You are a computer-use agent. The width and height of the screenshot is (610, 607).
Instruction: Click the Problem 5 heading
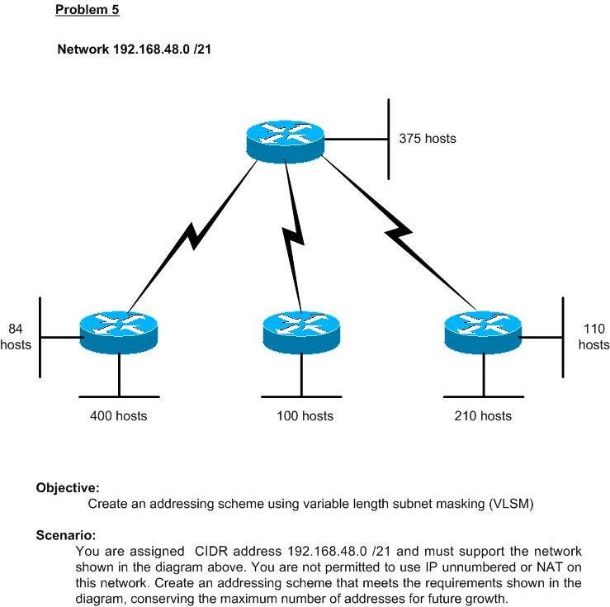pos(87,11)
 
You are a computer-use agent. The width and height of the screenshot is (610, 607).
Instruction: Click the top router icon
pos(285,140)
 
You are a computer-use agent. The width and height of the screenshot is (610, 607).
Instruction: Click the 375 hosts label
pos(428,139)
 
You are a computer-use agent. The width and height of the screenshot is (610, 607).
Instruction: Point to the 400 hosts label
pos(119,416)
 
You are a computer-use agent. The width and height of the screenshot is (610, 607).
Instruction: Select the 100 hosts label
pos(305,416)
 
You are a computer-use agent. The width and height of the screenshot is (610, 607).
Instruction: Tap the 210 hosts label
pos(483,416)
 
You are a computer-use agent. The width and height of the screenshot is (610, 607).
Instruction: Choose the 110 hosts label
pos(593,337)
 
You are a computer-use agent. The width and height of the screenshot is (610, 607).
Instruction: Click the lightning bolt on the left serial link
pos(192,236)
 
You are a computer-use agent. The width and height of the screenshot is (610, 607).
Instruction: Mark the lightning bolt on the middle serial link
pos(293,236)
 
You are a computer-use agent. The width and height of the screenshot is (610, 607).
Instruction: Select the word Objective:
pos(68,488)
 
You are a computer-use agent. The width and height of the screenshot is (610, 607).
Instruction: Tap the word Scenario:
pos(66,535)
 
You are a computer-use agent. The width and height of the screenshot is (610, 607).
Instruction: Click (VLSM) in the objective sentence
pos(512,504)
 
